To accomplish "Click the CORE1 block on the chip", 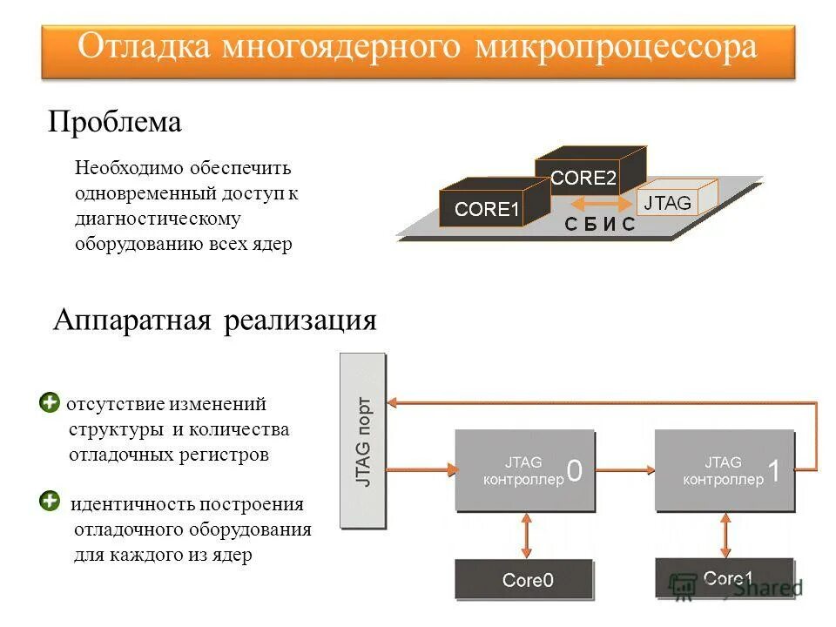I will (x=486, y=209).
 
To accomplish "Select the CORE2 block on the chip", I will (x=583, y=178).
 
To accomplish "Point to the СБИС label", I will (x=600, y=225).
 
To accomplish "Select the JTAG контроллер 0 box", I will (x=525, y=470).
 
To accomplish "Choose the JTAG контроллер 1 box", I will (x=725, y=470).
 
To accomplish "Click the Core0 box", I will (x=525, y=579).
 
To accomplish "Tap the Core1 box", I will (x=725, y=578).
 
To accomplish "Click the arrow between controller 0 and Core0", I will (x=525, y=536).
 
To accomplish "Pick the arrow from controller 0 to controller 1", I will (x=625, y=470).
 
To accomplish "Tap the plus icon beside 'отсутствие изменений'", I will (x=50, y=402).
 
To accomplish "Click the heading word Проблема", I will (x=114, y=122).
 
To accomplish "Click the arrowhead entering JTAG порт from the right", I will (x=394, y=402).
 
